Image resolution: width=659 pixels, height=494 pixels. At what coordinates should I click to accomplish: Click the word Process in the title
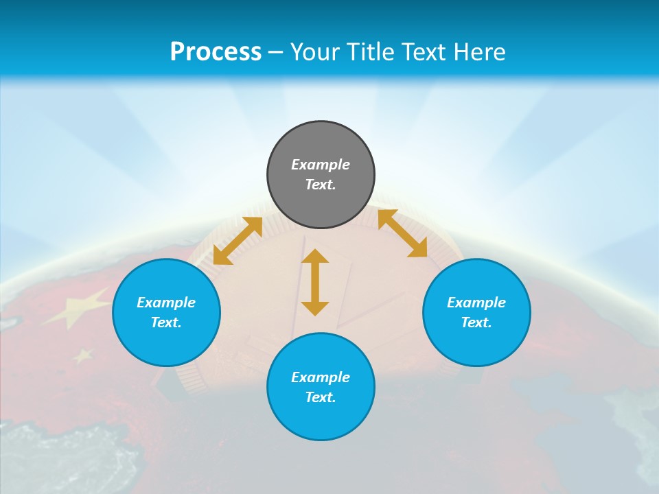coord(216,51)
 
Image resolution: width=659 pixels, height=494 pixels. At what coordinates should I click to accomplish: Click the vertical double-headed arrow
coord(315,282)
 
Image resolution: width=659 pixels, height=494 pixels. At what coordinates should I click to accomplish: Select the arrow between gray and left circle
coord(238,241)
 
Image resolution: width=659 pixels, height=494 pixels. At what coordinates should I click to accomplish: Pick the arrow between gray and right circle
coord(403,233)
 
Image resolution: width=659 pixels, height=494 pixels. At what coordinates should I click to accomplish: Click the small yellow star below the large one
coord(83,355)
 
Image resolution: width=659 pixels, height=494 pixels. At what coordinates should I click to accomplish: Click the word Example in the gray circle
coord(321,165)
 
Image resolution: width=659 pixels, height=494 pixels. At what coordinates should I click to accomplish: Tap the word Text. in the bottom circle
coord(321,397)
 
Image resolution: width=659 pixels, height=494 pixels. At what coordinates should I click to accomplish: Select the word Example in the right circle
coord(476,303)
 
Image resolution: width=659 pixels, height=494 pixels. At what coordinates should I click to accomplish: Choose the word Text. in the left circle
coord(166,322)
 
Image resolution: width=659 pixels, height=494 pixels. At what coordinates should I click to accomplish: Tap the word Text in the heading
coord(426,51)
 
